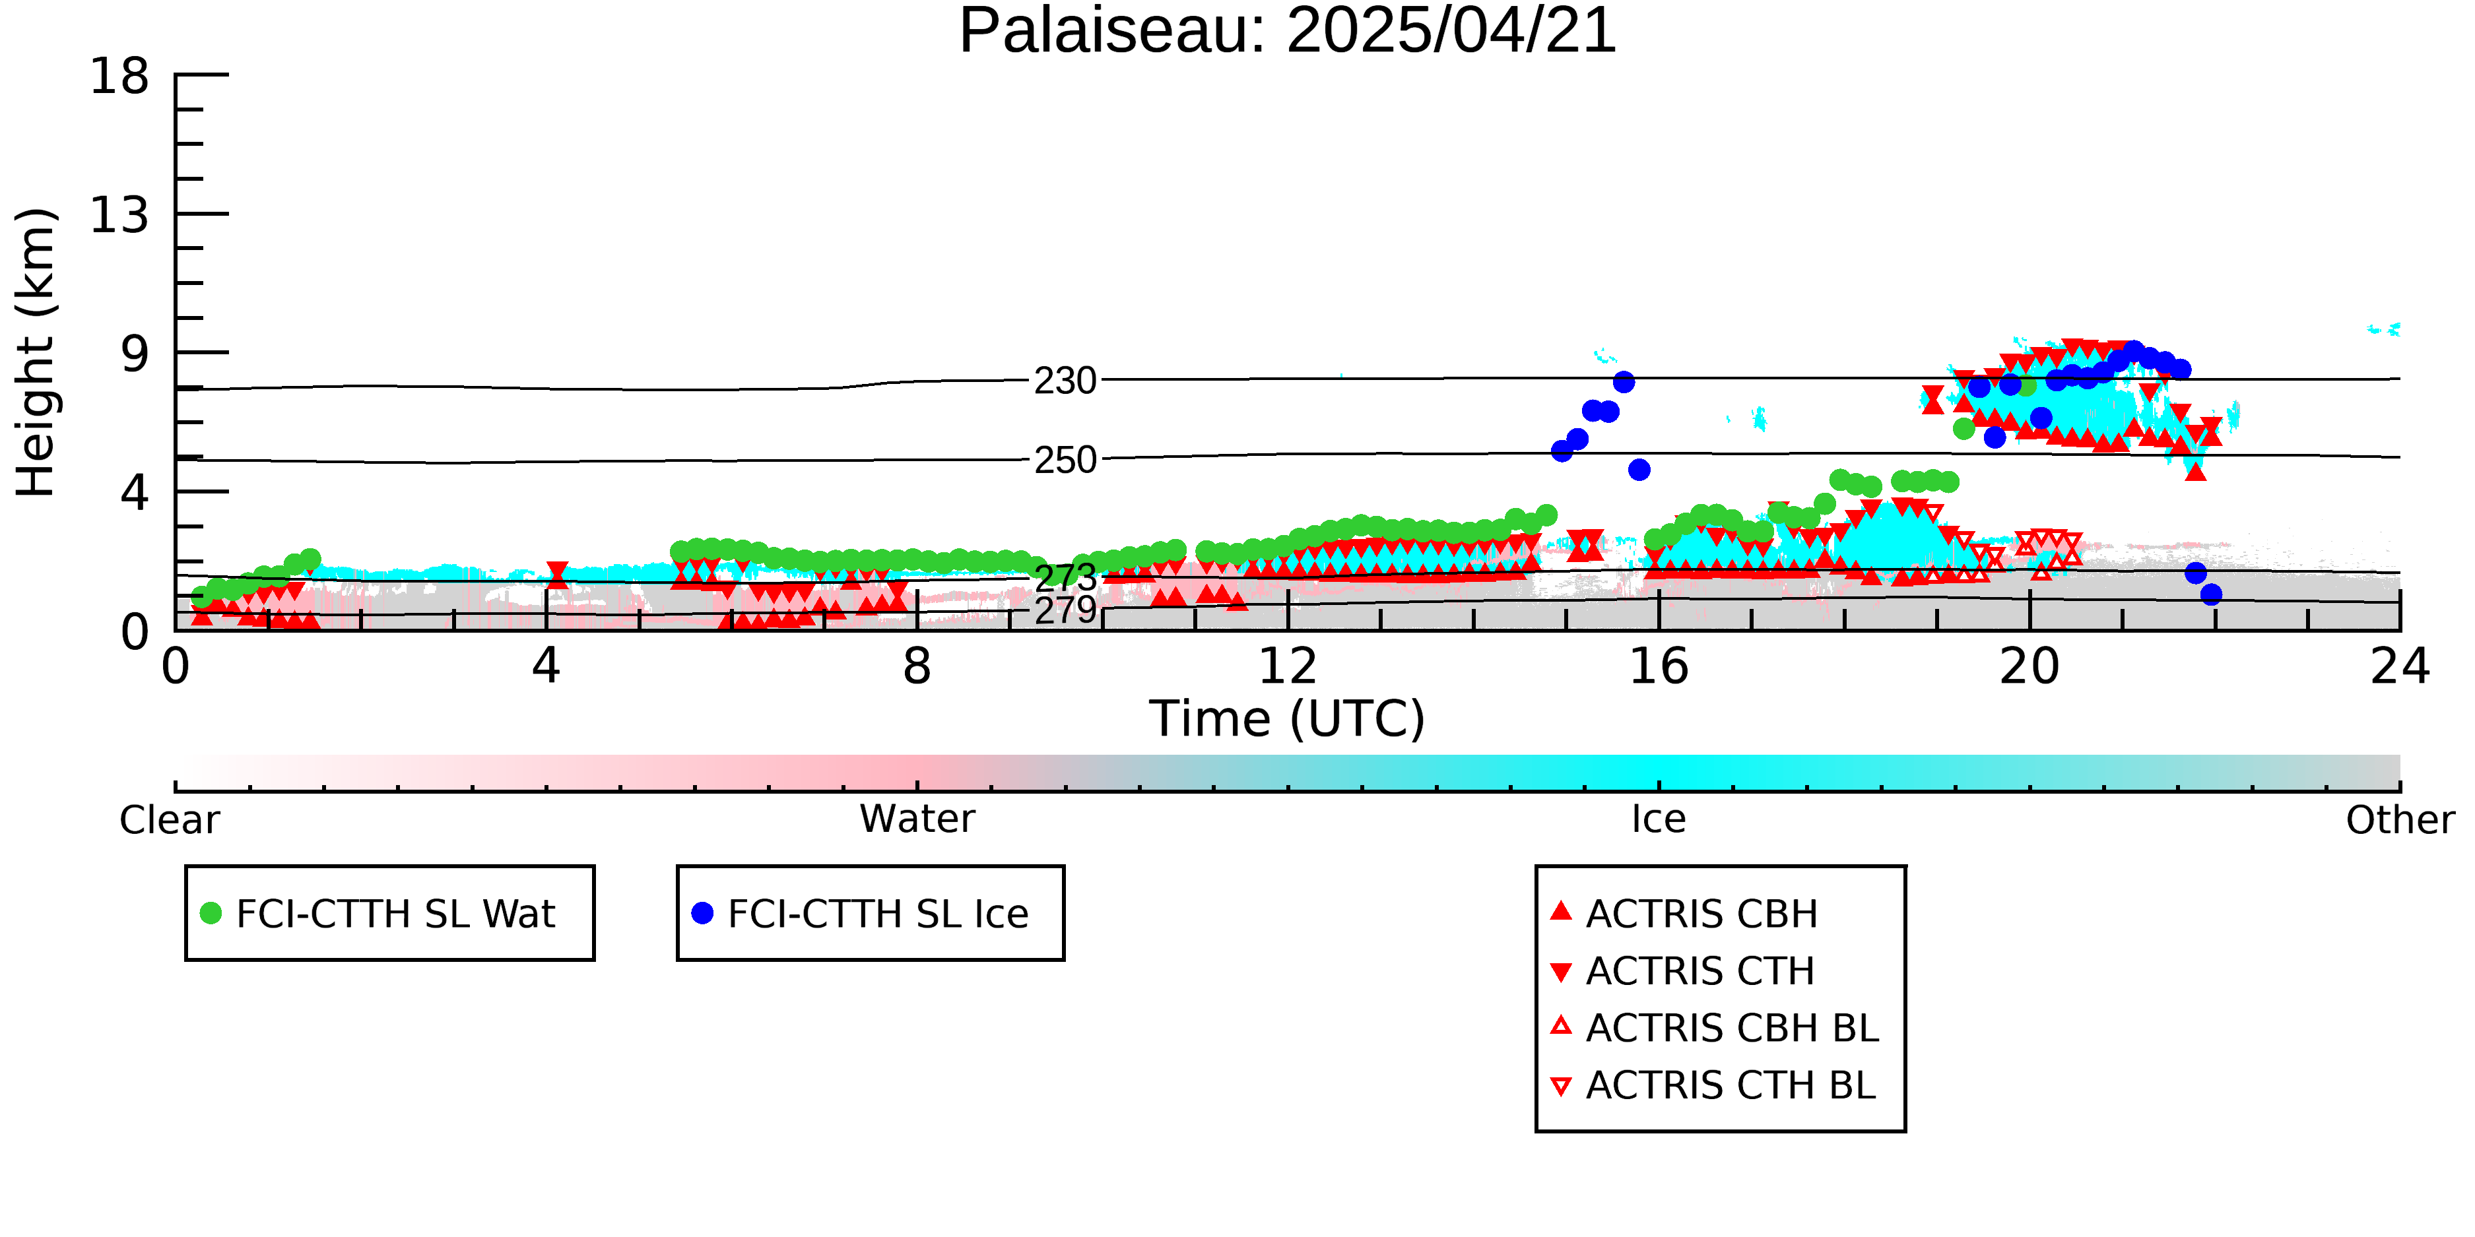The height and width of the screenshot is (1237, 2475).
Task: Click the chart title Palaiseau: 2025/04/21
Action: (x=1288, y=31)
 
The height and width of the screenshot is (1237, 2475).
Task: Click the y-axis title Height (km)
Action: (x=36, y=352)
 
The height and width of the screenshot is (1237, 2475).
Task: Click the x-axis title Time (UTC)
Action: (x=1288, y=719)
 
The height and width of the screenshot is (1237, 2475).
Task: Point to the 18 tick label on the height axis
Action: (x=119, y=76)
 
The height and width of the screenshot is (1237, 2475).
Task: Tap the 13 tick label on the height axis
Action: (x=119, y=215)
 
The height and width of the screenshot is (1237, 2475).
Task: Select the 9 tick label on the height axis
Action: (x=135, y=354)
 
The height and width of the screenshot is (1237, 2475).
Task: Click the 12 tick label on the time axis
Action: (x=1288, y=666)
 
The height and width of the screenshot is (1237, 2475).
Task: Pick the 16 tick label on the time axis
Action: (x=1659, y=666)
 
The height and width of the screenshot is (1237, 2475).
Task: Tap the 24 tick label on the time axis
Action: (x=2400, y=666)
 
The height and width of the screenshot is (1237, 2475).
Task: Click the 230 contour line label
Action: (x=1065, y=381)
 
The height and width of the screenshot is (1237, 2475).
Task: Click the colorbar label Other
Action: (x=2400, y=820)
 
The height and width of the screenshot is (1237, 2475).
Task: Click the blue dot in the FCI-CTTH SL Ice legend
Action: (x=702, y=913)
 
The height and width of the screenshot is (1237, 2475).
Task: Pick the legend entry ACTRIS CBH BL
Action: (x=1715, y=1028)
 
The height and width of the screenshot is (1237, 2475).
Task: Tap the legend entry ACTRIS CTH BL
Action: (x=1713, y=1085)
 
